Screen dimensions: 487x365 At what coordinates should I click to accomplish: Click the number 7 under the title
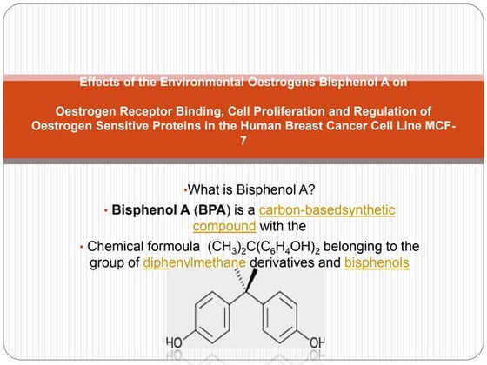pos(243,141)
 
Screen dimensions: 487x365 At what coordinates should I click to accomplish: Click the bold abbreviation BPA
pos(212,210)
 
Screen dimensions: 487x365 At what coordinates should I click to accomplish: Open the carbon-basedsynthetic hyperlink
pos(327,210)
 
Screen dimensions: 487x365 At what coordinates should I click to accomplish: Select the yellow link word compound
pos(224,227)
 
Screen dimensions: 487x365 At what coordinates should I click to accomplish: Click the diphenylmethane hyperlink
pos(195,262)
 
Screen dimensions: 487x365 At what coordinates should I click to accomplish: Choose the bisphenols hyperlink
pos(377,262)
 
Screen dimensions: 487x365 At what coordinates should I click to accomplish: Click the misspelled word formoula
pos(174,247)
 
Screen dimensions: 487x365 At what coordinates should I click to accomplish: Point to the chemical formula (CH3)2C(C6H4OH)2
pos(264,247)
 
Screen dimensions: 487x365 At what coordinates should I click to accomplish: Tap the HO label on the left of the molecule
pos(174,343)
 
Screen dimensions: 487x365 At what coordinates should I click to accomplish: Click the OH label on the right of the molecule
pos(317,343)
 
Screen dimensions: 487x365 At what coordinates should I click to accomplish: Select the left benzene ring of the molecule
pos(212,317)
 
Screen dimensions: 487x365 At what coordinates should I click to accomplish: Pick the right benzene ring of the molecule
pos(280,317)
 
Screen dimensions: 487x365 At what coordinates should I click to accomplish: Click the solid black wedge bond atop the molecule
pos(252,280)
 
